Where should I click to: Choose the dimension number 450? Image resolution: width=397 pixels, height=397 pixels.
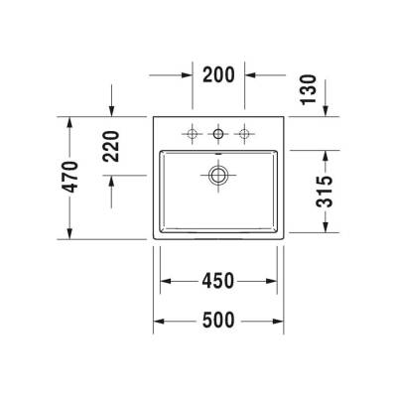pos(217,281)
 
